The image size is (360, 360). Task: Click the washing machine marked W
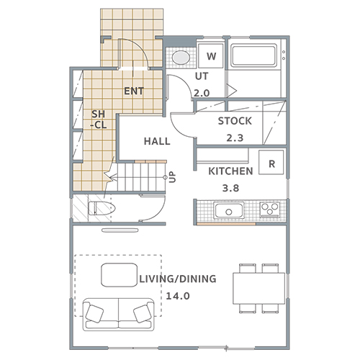tap(211, 55)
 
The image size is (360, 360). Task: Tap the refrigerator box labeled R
tap(271, 162)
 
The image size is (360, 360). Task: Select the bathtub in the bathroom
tap(254, 55)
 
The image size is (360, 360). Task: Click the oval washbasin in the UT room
tap(181, 58)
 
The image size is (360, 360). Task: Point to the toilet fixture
tap(102, 208)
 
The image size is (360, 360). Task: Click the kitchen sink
tap(230, 210)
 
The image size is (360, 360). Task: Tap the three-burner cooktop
tap(270, 210)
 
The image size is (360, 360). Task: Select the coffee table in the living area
tap(120, 275)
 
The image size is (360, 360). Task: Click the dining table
tap(259, 288)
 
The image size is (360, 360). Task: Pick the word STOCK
tap(235, 121)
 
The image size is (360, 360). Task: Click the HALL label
tap(157, 141)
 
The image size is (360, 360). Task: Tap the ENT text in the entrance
tap(134, 91)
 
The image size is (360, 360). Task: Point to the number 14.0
tap(178, 296)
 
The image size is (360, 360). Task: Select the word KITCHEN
tap(230, 171)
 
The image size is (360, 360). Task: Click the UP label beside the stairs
tap(173, 177)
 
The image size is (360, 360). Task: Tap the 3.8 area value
tap(230, 188)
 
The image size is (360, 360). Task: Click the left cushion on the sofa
tap(94, 313)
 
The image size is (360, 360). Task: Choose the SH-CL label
tap(99, 120)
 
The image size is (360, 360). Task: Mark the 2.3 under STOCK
tap(235, 138)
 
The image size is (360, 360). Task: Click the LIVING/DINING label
tap(178, 279)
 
